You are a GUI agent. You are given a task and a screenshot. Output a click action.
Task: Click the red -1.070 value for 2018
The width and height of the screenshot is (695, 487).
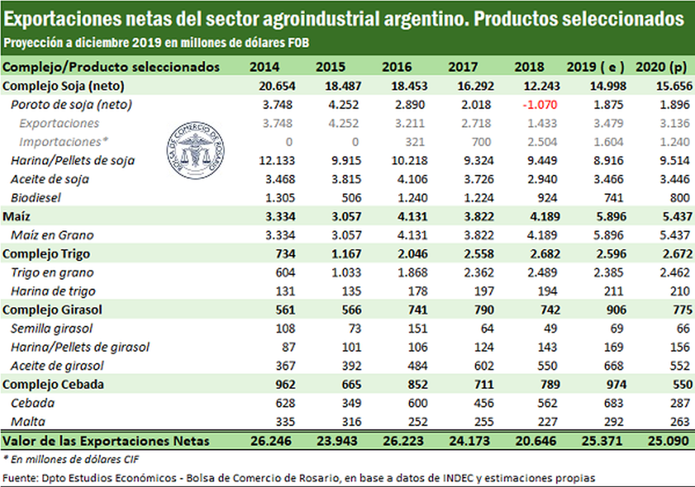540,105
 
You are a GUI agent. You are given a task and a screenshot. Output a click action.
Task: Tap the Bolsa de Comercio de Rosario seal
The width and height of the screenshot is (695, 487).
195,150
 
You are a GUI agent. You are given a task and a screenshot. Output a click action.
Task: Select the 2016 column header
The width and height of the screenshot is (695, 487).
397,67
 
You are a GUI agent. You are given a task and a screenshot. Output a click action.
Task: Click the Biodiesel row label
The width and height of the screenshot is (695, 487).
36,198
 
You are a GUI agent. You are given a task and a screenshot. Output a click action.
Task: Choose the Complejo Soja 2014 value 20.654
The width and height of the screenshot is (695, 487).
277,86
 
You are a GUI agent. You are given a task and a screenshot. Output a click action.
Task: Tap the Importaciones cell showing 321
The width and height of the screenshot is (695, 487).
414,142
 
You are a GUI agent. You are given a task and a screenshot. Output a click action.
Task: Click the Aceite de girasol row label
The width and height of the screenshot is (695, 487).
57,366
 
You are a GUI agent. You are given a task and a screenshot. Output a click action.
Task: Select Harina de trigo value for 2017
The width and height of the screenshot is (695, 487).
484,291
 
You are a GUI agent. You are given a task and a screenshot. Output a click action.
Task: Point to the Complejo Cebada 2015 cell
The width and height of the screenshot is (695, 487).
351,384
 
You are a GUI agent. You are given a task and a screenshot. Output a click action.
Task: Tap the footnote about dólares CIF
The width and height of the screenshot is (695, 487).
71,459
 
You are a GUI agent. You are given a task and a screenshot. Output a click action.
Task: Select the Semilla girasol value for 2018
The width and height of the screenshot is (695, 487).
550,329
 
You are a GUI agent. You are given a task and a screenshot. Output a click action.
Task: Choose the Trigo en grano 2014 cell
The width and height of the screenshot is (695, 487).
285,272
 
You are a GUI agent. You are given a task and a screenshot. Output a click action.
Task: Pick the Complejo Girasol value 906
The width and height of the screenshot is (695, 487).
616,310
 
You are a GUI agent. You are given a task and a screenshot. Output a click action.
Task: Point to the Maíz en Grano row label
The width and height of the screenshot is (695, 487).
52,236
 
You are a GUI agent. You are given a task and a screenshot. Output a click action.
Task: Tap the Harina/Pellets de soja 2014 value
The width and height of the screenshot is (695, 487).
277,161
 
